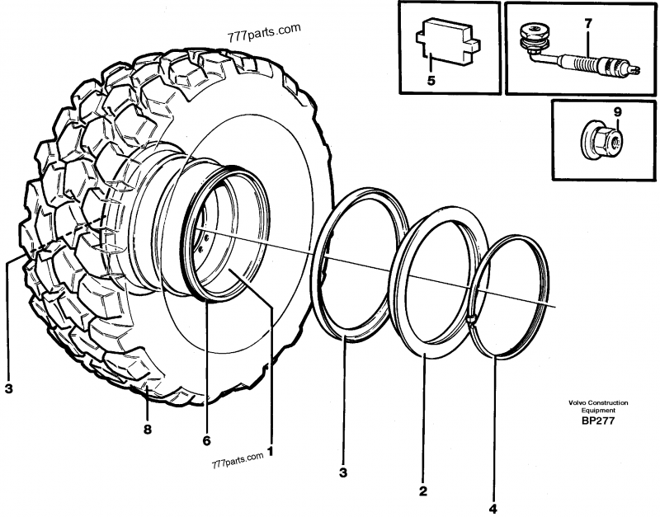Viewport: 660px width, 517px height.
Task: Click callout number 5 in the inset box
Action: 430,81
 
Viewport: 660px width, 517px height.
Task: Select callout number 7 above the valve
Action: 587,24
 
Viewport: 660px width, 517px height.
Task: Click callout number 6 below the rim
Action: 207,440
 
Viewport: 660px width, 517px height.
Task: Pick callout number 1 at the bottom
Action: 270,452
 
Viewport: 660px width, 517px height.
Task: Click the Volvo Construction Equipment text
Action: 597,406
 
